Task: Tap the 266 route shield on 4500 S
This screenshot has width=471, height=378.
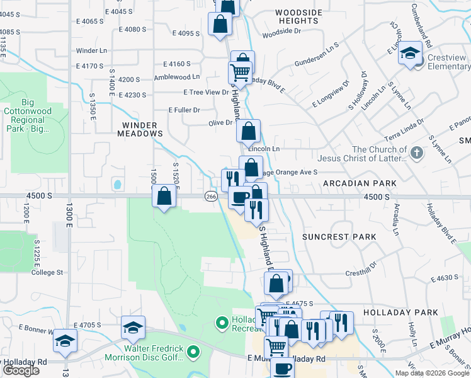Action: [211, 197]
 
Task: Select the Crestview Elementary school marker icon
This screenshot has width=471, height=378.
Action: [410, 54]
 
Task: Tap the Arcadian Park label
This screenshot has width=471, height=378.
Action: [360, 183]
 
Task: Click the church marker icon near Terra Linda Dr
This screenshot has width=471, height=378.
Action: [416, 152]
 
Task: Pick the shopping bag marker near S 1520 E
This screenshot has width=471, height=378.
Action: [164, 196]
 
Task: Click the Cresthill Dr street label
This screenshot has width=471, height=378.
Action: [360, 273]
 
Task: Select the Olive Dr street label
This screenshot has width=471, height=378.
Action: [220, 123]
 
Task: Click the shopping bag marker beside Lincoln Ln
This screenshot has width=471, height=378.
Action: [249, 132]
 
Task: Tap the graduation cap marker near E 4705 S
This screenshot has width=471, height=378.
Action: [133, 328]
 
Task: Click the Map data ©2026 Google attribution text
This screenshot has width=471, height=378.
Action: [431, 373]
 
